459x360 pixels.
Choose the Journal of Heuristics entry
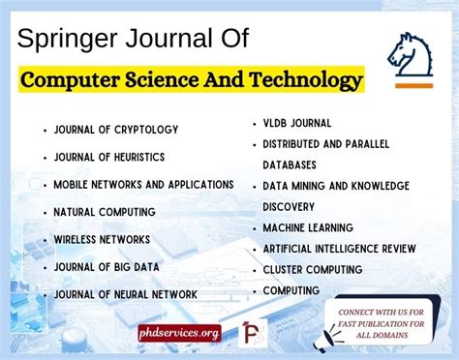(x=108, y=157)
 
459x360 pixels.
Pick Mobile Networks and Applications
(x=143, y=184)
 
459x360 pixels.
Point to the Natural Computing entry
(x=105, y=211)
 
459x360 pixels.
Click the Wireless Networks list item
(x=102, y=238)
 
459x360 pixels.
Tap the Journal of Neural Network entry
(x=126, y=293)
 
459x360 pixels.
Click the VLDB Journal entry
(x=297, y=123)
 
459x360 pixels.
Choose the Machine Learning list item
(x=307, y=227)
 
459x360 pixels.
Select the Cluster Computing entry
(x=313, y=269)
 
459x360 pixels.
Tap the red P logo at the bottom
(x=254, y=332)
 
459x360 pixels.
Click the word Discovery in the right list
(x=289, y=206)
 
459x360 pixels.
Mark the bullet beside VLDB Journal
(x=254, y=124)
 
